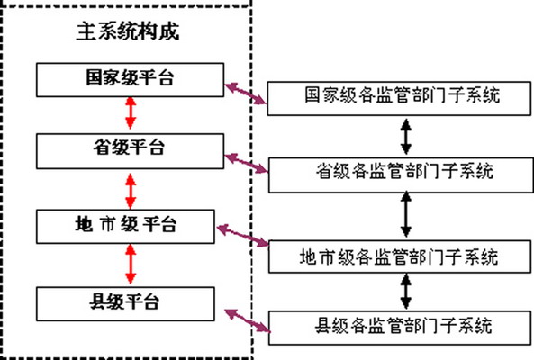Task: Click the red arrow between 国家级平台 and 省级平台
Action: [131, 114]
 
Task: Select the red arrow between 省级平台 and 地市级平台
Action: [131, 187]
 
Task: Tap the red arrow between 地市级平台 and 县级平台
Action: [131, 262]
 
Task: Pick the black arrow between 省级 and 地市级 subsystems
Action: [406, 214]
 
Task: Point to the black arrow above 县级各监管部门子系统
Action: [406, 291]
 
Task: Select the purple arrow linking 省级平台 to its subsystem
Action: [245, 162]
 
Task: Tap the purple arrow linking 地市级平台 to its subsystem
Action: [245, 235]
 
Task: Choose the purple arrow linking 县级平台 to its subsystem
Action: [245, 315]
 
